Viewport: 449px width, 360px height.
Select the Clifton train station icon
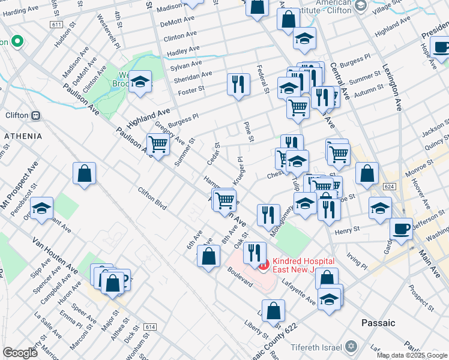point(36,115)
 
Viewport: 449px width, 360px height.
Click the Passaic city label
point(378,323)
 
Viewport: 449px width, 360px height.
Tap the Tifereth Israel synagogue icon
point(352,347)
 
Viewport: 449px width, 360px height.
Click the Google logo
point(20,353)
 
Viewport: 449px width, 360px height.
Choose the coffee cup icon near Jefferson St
point(401,229)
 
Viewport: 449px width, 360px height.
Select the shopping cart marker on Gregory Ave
point(158,144)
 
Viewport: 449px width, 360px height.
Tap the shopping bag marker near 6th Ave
point(208,256)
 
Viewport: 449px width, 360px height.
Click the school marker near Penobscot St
point(42,208)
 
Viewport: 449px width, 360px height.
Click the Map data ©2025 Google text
point(412,355)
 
